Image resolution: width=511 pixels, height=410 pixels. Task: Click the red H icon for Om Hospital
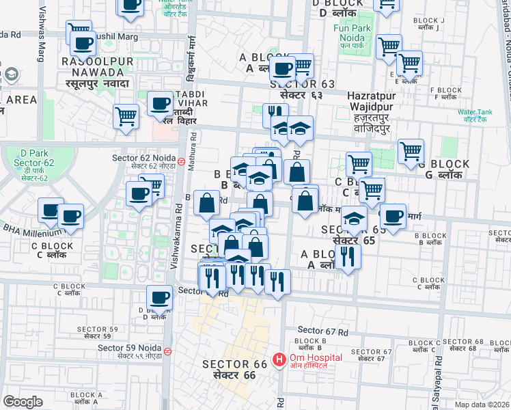(279, 359)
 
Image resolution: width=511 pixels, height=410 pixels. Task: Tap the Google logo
(23, 402)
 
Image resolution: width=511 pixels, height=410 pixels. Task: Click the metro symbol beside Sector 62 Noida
(181, 162)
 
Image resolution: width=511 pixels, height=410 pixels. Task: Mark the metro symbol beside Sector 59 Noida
(167, 352)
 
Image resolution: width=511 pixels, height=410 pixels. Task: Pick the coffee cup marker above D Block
(160, 298)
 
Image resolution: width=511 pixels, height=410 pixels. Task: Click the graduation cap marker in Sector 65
(354, 219)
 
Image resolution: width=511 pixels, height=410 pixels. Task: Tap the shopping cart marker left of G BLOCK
(411, 151)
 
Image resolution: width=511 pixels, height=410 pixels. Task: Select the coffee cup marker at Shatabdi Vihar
(161, 104)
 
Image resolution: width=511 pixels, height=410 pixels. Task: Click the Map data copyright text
(482, 405)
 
